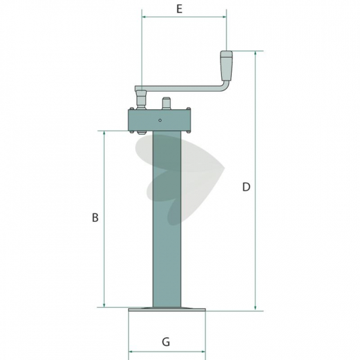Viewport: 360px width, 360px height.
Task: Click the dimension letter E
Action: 179,9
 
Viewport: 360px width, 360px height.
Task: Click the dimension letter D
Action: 246,187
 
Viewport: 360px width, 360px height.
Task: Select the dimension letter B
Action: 95,217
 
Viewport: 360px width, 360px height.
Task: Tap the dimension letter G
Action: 166,342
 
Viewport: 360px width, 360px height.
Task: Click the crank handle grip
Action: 226,66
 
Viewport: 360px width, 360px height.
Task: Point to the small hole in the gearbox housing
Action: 160,120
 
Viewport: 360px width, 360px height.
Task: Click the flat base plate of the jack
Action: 167,310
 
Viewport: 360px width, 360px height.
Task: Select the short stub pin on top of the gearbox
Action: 166,103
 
